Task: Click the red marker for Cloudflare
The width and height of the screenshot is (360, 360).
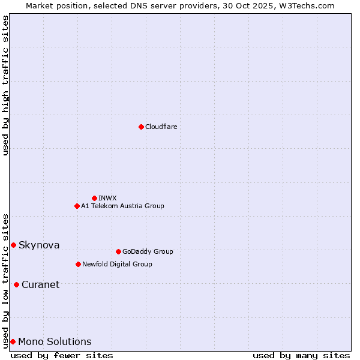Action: click(x=141, y=127)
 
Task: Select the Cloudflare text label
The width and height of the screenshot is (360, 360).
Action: click(x=161, y=127)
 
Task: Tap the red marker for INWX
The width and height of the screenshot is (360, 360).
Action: click(x=94, y=198)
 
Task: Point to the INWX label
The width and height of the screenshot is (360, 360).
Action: click(x=107, y=198)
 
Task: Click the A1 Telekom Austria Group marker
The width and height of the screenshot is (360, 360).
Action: click(x=77, y=206)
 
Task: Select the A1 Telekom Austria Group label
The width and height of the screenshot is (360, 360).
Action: click(x=122, y=206)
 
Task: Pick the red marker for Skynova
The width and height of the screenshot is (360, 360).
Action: click(x=13, y=245)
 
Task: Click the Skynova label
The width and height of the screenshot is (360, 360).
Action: click(x=39, y=245)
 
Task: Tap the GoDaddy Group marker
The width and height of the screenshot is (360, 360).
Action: click(x=118, y=251)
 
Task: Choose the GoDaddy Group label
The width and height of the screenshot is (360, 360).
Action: click(x=148, y=251)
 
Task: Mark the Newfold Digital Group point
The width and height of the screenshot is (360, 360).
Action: click(x=78, y=264)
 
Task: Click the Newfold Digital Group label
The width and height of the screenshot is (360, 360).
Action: click(x=117, y=264)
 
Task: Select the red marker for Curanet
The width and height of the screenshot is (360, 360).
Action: click(x=16, y=284)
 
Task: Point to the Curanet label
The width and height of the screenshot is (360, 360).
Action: click(x=41, y=284)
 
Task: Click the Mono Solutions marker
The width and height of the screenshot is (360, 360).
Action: click(x=13, y=341)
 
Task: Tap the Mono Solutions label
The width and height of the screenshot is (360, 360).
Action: click(x=55, y=341)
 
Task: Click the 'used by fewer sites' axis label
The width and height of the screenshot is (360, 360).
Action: click(x=62, y=355)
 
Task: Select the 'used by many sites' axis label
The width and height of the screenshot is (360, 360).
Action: click(x=301, y=355)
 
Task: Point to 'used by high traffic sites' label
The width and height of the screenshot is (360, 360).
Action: click(x=5, y=85)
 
